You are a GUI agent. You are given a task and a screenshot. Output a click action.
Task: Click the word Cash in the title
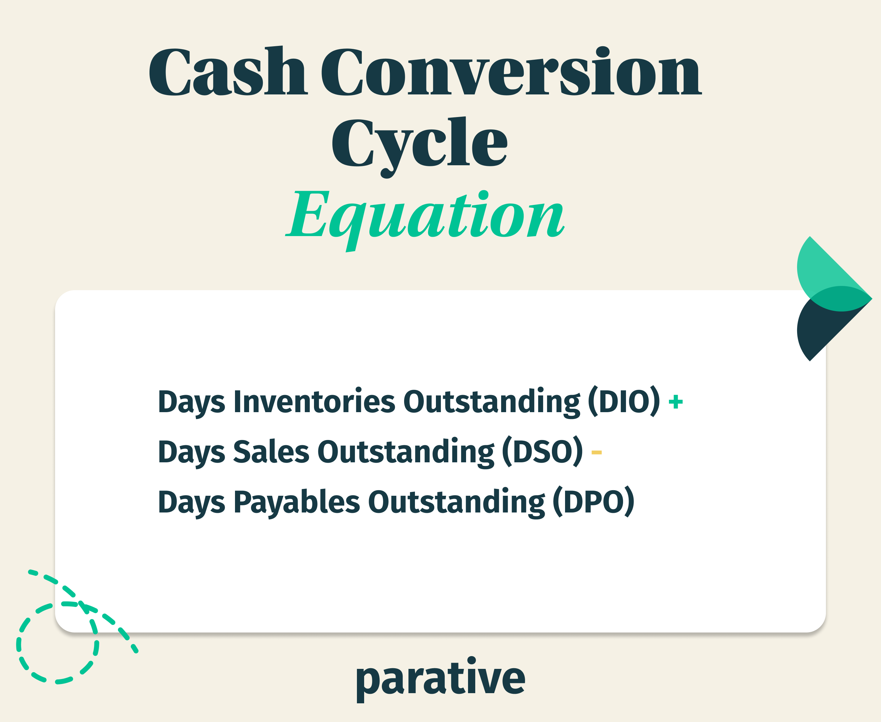coord(228,71)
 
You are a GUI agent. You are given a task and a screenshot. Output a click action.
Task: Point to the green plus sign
coord(675,402)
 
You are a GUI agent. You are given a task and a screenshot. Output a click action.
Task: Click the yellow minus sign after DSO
coord(596,452)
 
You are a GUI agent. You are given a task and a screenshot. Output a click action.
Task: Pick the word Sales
coord(271,452)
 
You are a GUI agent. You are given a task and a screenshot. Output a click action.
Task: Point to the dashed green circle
coord(57,643)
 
